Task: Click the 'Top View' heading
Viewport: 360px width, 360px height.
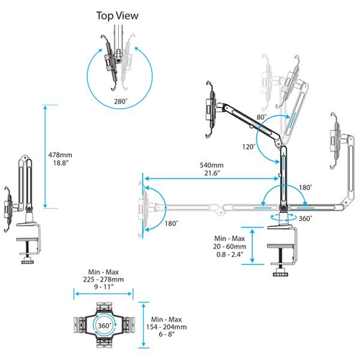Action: click(119, 15)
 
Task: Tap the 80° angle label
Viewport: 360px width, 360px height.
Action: click(261, 117)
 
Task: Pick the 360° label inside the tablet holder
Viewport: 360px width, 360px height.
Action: click(102, 326)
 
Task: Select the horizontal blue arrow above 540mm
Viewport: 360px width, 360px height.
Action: click(212, 179)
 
